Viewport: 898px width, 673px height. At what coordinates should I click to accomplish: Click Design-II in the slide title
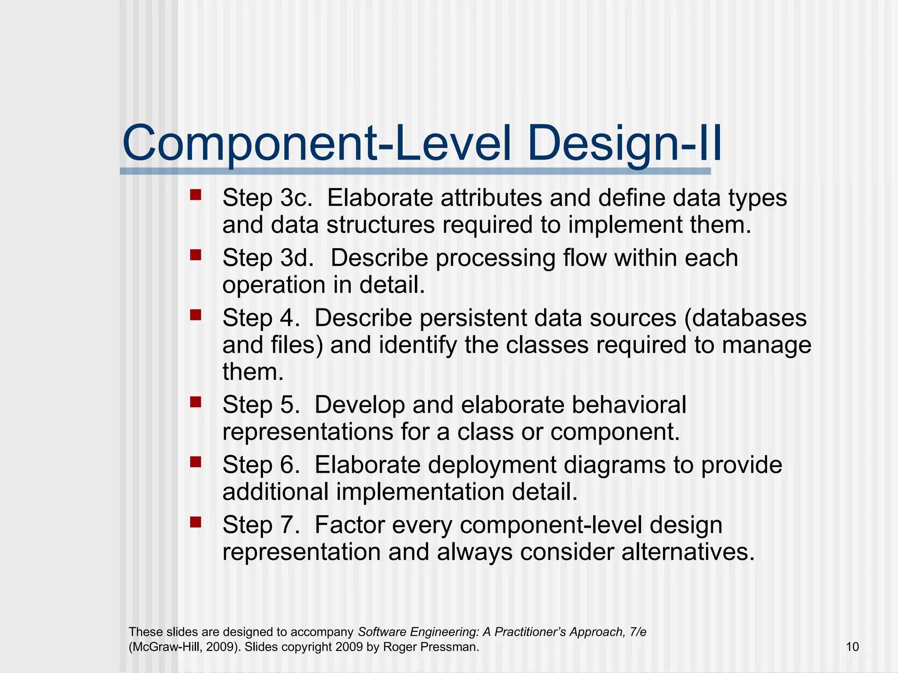[x=624, y=144]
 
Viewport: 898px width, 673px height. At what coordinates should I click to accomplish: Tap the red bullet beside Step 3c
[x=196, y=195]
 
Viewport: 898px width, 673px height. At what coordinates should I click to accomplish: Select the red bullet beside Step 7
[x=196, y=522]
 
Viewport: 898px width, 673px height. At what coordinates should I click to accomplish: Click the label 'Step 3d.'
[x=268, y=258]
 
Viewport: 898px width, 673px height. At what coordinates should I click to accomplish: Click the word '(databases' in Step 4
[x=745, y=318]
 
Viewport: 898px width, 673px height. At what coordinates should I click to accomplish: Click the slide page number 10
[x=852, y=647]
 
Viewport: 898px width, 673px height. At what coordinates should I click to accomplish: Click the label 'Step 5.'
[x=261, y=404]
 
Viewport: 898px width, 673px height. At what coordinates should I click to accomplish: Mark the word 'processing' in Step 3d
[x=495, y=258]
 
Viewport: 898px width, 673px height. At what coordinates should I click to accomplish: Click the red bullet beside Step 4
[x=196, y=315]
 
